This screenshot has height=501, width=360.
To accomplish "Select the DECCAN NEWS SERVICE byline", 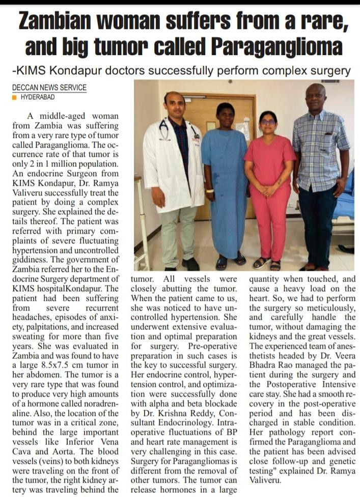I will click(x=49, y=88).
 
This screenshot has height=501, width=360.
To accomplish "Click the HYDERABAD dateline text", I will click(x=38, y=97).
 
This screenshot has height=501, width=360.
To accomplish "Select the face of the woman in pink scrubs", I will click(x=268, y=122).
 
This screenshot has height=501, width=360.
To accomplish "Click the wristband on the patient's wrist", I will click(x=209, y=190).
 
